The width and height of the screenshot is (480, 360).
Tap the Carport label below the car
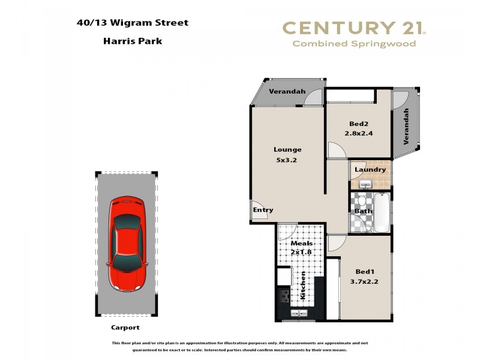coord(125,328)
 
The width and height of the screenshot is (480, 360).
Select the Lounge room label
coord(287,149)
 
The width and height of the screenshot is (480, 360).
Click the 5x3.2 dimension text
coord(287,160)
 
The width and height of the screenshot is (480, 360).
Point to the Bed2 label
coord(358,124)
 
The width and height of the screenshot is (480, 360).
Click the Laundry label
coord(370,170)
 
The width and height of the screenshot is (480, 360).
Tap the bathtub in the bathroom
coord(382,212)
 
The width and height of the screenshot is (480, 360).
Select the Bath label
coord(364,211)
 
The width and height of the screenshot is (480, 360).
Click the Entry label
coord(263,210)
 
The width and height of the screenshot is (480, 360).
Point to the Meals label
coord(301,244)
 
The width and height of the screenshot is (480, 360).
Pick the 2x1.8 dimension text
coord(302,252)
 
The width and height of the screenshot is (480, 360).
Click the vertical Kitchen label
coord(303,286)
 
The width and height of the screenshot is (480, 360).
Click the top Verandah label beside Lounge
coord(287,92)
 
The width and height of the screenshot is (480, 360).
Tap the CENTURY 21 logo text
coord(354,28)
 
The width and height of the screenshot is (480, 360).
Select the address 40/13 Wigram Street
coord(133,23)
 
